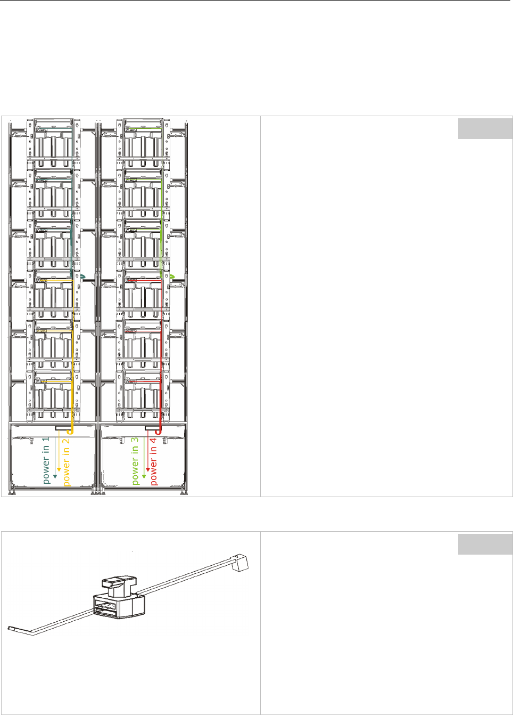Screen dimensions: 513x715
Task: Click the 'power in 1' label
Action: (x=46, y=460)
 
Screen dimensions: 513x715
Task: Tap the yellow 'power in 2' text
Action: (x=67, y=461)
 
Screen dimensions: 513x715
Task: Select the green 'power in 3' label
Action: (x=135, y=461)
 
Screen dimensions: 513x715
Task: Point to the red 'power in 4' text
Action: (x=153, y=461)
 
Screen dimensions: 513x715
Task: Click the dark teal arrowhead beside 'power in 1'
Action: (x=55, y=475)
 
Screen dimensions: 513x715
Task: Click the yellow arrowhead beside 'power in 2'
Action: (x=59, y=470)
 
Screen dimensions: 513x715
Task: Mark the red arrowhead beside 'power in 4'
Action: (x=147, y=470)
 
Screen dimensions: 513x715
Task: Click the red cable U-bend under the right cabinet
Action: (x=158, y=432)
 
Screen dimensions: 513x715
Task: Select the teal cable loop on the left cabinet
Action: (x=82, y=277)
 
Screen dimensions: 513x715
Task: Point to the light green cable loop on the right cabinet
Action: (x=171, y=277)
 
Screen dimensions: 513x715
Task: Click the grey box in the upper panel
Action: (x=485, y=128)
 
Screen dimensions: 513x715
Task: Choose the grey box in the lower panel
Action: (x=485, y=544)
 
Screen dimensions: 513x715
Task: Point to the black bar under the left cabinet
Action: (x=63, y=428)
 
